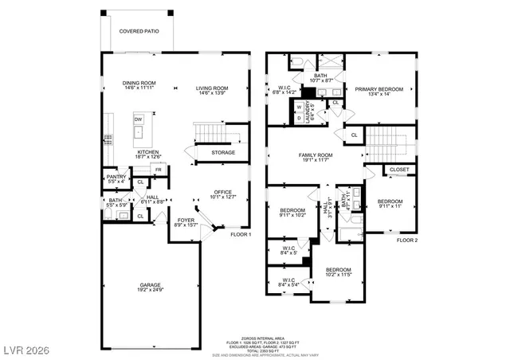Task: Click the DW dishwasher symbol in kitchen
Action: point(138,119)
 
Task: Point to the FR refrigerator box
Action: point(159,170)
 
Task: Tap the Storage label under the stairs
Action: point(223,152)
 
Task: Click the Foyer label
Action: point(186,221)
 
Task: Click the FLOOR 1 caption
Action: point(241,235)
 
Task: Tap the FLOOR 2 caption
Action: point(407,240)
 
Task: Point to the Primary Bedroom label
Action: point(379,89)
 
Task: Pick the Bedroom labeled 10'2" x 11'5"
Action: point(338,271)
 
